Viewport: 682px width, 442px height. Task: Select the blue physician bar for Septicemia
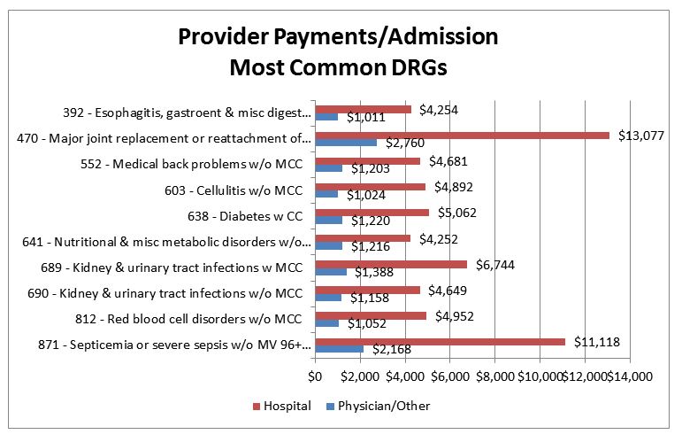339,348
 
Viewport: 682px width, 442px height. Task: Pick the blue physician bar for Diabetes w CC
328,221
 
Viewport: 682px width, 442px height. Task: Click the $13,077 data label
640,136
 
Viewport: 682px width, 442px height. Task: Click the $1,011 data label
364,117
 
